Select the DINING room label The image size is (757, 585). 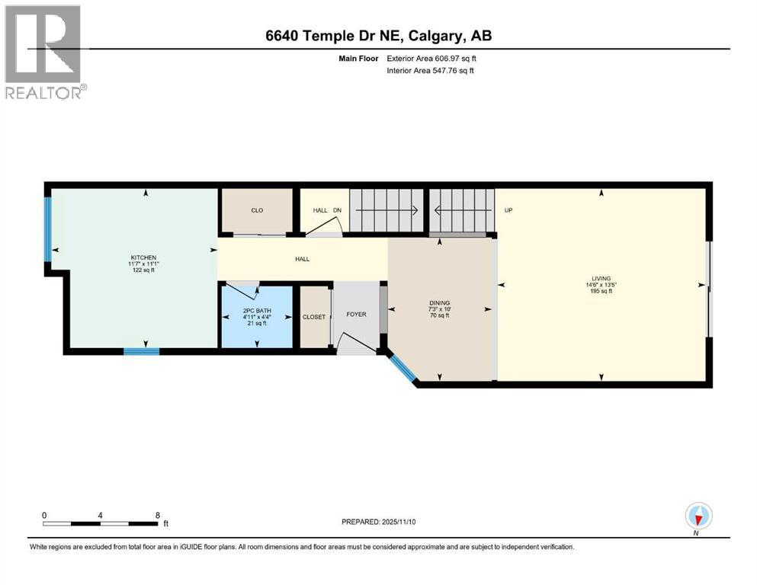[x=439, y=302]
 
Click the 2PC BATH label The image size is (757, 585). [x=255, y=311]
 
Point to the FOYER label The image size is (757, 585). [x=356, y=314]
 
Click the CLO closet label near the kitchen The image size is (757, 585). [x=257, y=210]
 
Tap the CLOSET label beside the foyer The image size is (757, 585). [x=314, y=317]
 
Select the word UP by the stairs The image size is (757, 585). [x=508, y=210]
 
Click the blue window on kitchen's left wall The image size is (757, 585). [x=47, y=229]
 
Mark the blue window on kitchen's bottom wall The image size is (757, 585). [x=142, y=351]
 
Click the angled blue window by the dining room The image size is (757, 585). [x=401, y=369]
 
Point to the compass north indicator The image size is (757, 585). [x=698, y=516]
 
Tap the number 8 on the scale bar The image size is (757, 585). [x=158, y=514]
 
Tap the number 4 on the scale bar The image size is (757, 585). [x=101, y=514]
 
